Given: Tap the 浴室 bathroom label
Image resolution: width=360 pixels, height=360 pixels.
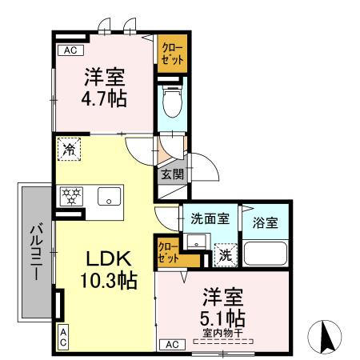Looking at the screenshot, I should click(266, 223).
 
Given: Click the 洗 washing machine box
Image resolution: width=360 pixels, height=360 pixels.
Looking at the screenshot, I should click(227, 255).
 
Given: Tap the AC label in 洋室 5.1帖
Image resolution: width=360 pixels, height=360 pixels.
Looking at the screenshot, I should click(170, 344).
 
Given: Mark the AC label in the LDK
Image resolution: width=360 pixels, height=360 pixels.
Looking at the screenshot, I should click(62, 336).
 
